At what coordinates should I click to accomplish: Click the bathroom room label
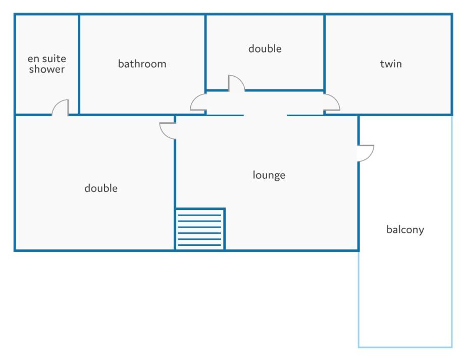pyautogui.click(x=142, y=64)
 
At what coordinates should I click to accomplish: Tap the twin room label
pyautogui.click(x=391, y=64)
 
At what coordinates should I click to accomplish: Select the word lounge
pyautogui.click(x=269, y=175)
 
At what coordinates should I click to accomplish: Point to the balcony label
pyautogui.click(x=405, y=230)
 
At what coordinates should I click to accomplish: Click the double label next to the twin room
pyautogui.click(x=265, y=48)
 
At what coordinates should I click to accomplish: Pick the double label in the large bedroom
pyautogui.click(x=101, y=188)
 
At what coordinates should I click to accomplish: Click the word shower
pyautogui.click(x=46, y=69)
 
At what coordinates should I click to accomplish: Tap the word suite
pyautogui.click(x=54, y=59)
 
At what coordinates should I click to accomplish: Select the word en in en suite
pyautogui.click(x=33, y=59)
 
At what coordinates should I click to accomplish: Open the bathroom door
pyautogui.click(x=198, y=102)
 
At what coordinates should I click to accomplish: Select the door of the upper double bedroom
pyautogui.click(x=237, y=83)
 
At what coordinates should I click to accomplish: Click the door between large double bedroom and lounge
pyautogui.click(x=168, y=131)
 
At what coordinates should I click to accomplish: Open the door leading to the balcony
pyautogui.click(x=366, y=153)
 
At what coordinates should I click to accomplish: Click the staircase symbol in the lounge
pyautogui.click(x=200, y=229)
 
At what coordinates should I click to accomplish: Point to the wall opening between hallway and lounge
pyautogui.click(x=266, y=115)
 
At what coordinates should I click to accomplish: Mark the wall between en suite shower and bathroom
pyautogui.click(x=79, y=64)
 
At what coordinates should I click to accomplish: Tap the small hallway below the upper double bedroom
pyautogui.click(x=265, y=103)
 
